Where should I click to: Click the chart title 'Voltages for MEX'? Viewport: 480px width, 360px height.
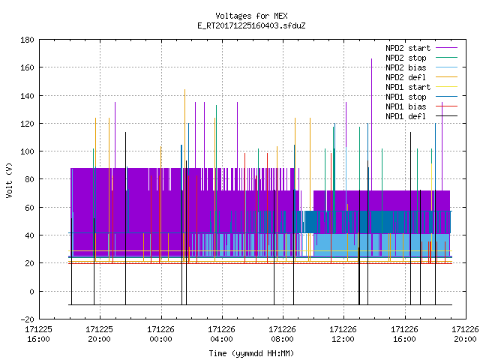251,16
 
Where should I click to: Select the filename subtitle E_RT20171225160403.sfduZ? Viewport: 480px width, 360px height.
251,25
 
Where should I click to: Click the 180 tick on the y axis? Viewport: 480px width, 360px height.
27,40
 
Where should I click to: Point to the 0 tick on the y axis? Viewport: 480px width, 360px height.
31,292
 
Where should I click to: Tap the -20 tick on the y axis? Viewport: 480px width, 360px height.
27,319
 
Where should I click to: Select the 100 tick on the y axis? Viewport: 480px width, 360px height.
27,151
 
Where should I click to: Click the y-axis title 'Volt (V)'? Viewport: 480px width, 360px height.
9,180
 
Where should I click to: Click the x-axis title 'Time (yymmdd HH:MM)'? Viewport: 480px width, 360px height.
251,353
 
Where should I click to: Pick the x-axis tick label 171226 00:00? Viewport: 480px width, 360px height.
160,334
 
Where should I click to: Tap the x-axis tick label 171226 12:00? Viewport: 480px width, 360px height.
343,334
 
